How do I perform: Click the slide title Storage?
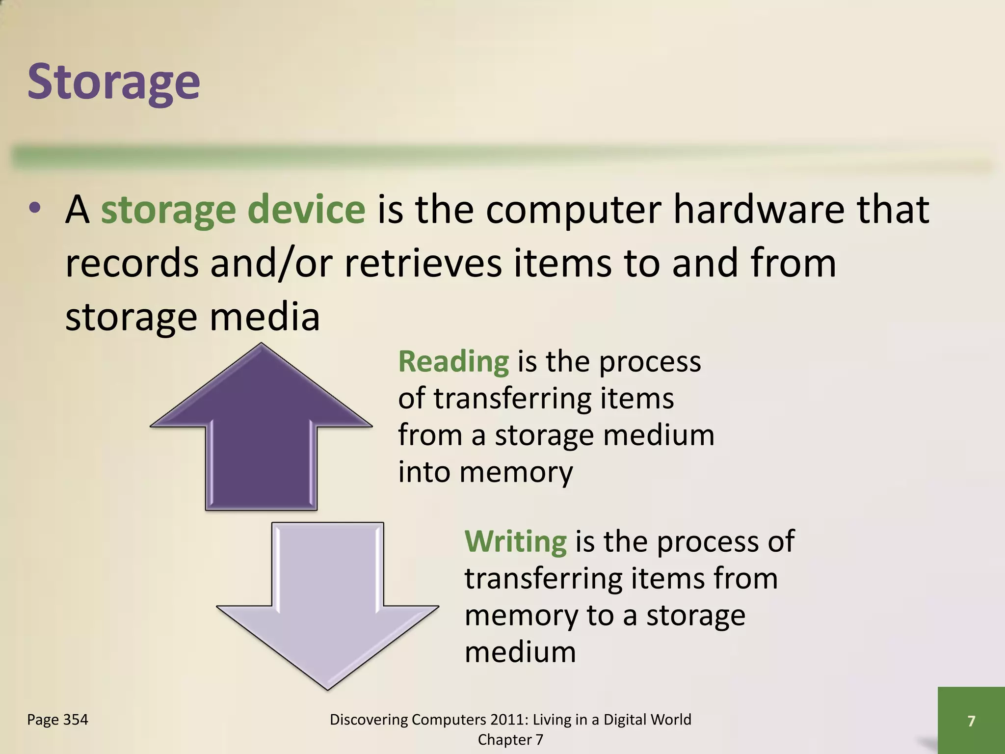(113, 82)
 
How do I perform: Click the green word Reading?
(453, 362)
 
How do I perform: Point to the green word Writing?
(515, 541)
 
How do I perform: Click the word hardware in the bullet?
(758, 210)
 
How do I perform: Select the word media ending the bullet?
(264, 317)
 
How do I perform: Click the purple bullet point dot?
(34, 209)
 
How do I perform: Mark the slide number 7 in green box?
(971, 721)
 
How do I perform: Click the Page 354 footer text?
(57, 720)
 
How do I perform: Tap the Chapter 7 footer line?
(510, 740)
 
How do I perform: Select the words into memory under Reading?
(485, 472)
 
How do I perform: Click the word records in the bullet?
(132, 263)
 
